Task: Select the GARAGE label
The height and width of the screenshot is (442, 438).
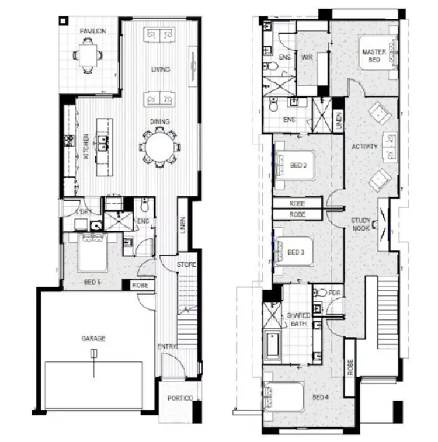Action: click(92, 338)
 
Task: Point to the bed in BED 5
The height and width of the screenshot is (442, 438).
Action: click(92, 252)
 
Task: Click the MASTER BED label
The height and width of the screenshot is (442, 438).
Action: click(374, 55)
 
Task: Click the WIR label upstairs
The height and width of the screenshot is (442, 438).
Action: click(307, 57)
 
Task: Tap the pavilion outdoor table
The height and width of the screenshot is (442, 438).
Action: click(88, 55)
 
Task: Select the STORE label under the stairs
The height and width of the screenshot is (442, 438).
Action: click(187, 265)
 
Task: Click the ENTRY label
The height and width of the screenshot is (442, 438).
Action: click(166, 347)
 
